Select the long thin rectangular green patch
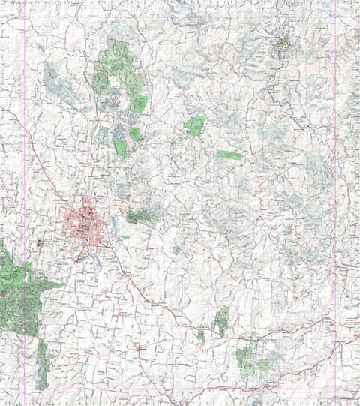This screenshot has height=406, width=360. coord(229,155)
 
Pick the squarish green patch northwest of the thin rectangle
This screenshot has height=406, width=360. coord(195,125)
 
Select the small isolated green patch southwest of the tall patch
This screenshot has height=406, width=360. coord(201,338)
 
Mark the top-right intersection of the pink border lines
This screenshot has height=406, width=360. coord(333,17)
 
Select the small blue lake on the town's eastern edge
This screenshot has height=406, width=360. coord(112,223)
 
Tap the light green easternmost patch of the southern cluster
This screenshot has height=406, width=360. coord(263,364)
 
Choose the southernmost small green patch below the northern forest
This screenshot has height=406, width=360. coord(121,148)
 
